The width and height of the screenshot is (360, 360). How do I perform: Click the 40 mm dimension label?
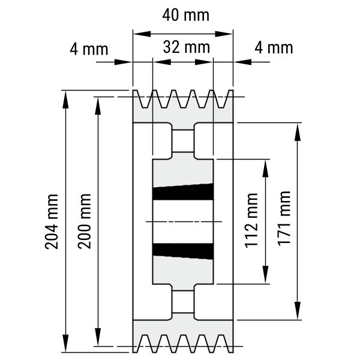pos(186,16)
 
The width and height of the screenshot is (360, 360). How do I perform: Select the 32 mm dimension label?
pos(187,47)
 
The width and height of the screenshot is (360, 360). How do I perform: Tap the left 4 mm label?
pos(89,49)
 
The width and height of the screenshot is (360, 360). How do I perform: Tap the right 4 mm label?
pos(274,48)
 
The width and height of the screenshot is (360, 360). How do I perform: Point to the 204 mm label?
pos(52,221)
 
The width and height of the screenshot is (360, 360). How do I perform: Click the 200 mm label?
pos(84,221)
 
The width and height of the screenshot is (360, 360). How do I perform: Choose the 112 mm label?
pos(251,221)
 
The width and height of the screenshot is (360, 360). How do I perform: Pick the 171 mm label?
pos(284,218)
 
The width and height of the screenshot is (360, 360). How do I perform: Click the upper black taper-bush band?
pos(183,192)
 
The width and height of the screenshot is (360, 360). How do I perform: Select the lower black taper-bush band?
pos(183,251)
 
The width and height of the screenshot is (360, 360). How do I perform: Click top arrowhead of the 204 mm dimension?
pos(65,99)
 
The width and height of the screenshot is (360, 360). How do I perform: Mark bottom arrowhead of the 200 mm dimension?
pos(98,337)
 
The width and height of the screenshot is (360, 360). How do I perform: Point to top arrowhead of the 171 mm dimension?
pos(298,132)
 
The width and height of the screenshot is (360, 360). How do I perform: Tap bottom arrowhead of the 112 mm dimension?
pos(265,275)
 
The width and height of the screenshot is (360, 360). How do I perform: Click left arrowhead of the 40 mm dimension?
pos(142,34)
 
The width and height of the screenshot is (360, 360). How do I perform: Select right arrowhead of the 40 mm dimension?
pos(224,34)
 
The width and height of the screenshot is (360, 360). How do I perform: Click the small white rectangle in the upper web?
pos(183,141)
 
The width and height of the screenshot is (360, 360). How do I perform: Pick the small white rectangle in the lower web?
pos(183,302)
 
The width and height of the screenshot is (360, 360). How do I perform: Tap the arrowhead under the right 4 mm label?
pos(242,62)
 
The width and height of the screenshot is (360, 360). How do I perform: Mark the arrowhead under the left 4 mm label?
pos(123,62)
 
